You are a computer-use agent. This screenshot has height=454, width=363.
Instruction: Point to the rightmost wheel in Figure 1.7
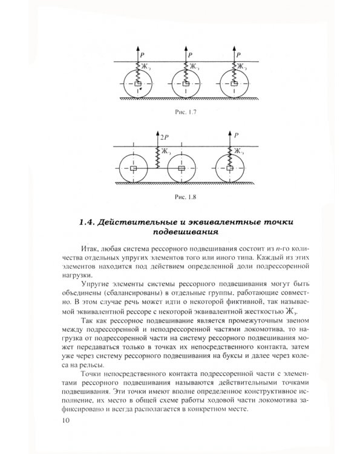231,84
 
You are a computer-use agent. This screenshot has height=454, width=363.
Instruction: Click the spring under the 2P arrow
157,158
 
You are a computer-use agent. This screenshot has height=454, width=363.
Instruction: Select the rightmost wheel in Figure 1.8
231,168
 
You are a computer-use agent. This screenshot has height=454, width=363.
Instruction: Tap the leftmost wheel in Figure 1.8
134,168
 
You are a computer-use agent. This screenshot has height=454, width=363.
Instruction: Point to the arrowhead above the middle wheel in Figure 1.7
184,48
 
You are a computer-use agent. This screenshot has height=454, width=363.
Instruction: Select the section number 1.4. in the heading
90,222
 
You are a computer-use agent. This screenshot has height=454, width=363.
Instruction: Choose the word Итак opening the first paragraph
89,249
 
